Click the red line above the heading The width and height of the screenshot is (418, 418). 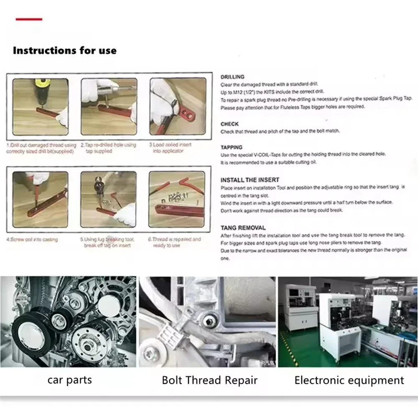(29, 19)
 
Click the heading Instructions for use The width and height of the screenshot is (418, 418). (65, 51)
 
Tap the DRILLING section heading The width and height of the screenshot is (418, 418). (232, 77)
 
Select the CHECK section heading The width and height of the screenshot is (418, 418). (229, 124)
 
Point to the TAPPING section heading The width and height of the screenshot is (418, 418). (231, 148)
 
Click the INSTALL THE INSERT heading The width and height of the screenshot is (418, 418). (250, 180)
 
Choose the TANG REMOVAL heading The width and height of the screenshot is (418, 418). (243, 228)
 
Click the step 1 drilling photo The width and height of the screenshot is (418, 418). (41, 107)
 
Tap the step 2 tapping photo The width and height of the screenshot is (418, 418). (109, 107)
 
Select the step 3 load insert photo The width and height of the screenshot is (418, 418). (178, 107)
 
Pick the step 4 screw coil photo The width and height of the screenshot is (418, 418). (40, 199)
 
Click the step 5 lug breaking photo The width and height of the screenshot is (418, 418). (108, 199)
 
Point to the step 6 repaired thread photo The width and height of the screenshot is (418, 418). (177, 199)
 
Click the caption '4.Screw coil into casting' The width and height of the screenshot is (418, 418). (32, 240)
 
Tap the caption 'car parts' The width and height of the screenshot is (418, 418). (69, 380)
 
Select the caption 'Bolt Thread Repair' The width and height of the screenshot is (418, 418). (209, 380)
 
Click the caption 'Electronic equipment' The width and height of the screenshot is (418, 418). (349, 380)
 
